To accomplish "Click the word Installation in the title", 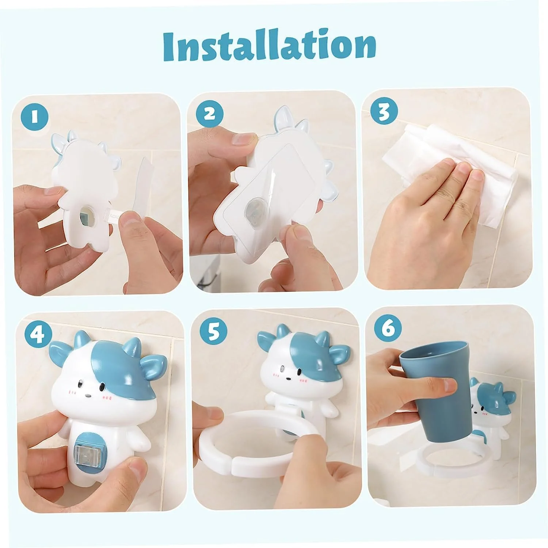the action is click(x=270, y=47).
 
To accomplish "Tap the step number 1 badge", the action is click(x=35, y=117).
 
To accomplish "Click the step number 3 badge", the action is click(x=384, y=112).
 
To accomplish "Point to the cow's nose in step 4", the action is click(x=88, y=395).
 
